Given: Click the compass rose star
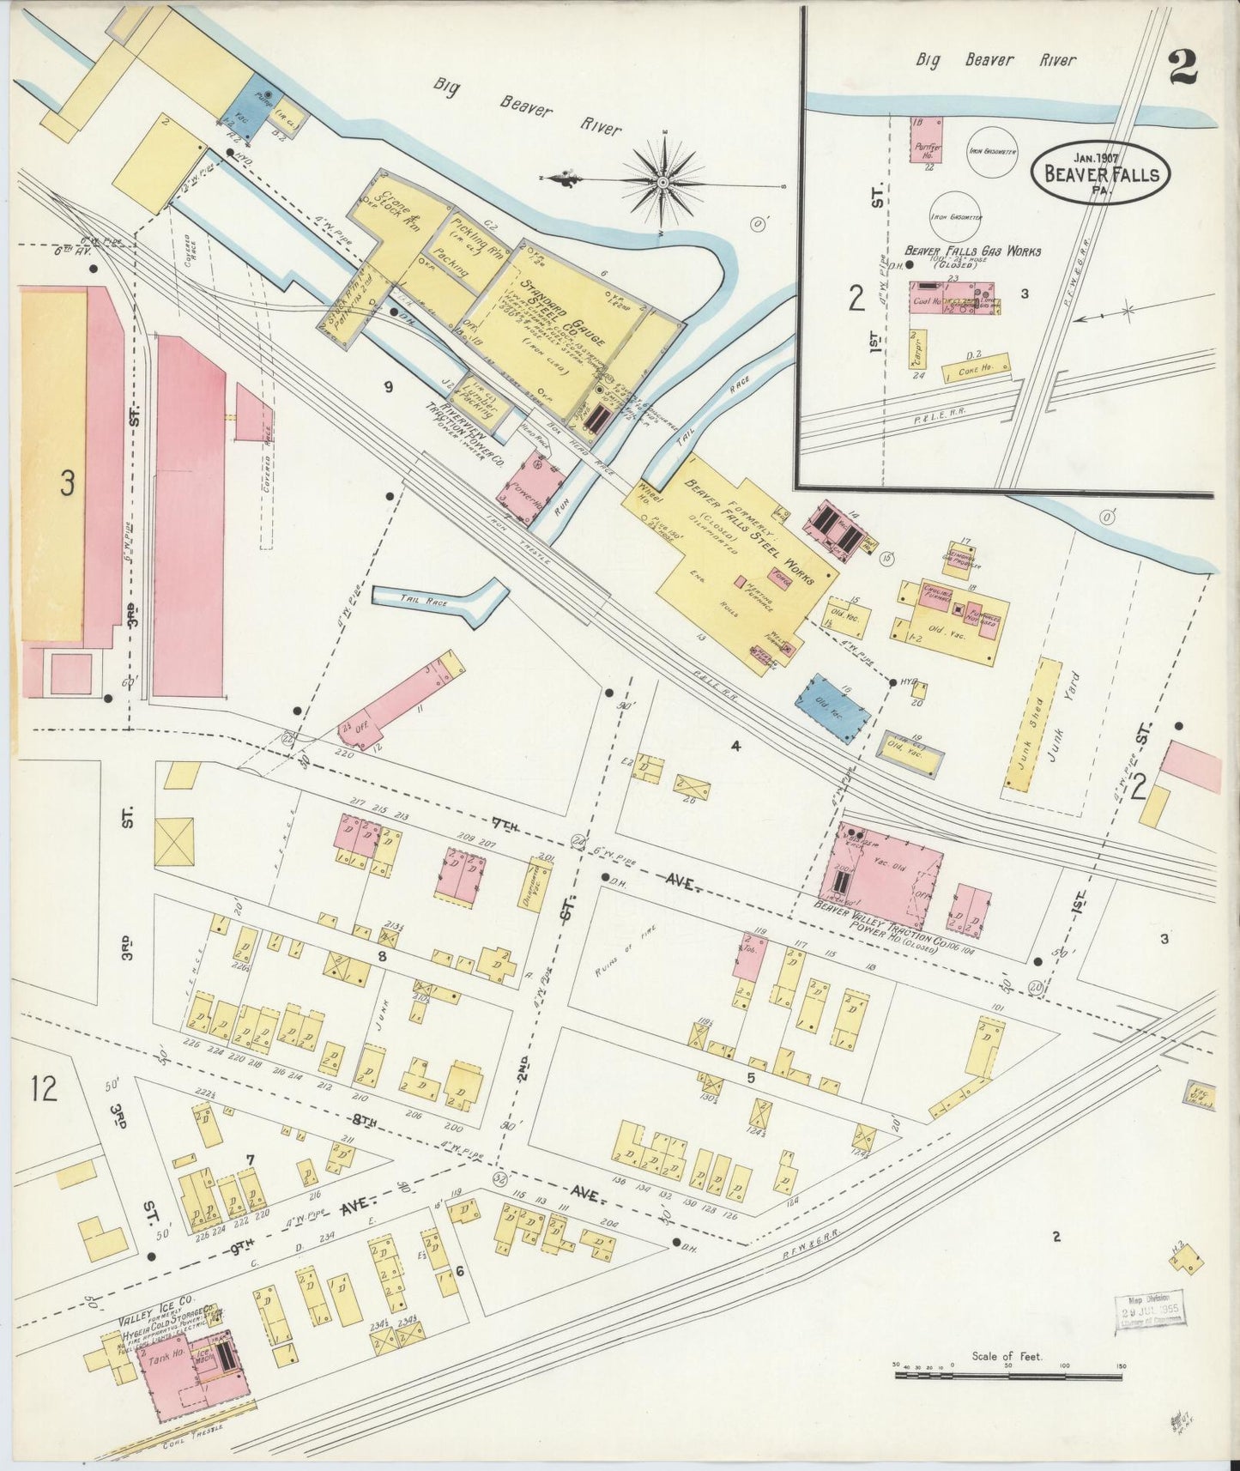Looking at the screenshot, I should click(663, 183).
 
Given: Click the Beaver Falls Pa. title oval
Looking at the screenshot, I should click(1100, 174).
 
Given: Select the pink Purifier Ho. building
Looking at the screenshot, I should click(927, 140).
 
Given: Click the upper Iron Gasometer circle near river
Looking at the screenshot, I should click(992, 151).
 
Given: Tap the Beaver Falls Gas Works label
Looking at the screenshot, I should click(972, 251).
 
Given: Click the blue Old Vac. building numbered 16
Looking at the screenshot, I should click(832, 700).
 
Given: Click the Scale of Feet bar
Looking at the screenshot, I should click(1007, 1375).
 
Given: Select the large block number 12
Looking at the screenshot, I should click(44, 1089).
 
